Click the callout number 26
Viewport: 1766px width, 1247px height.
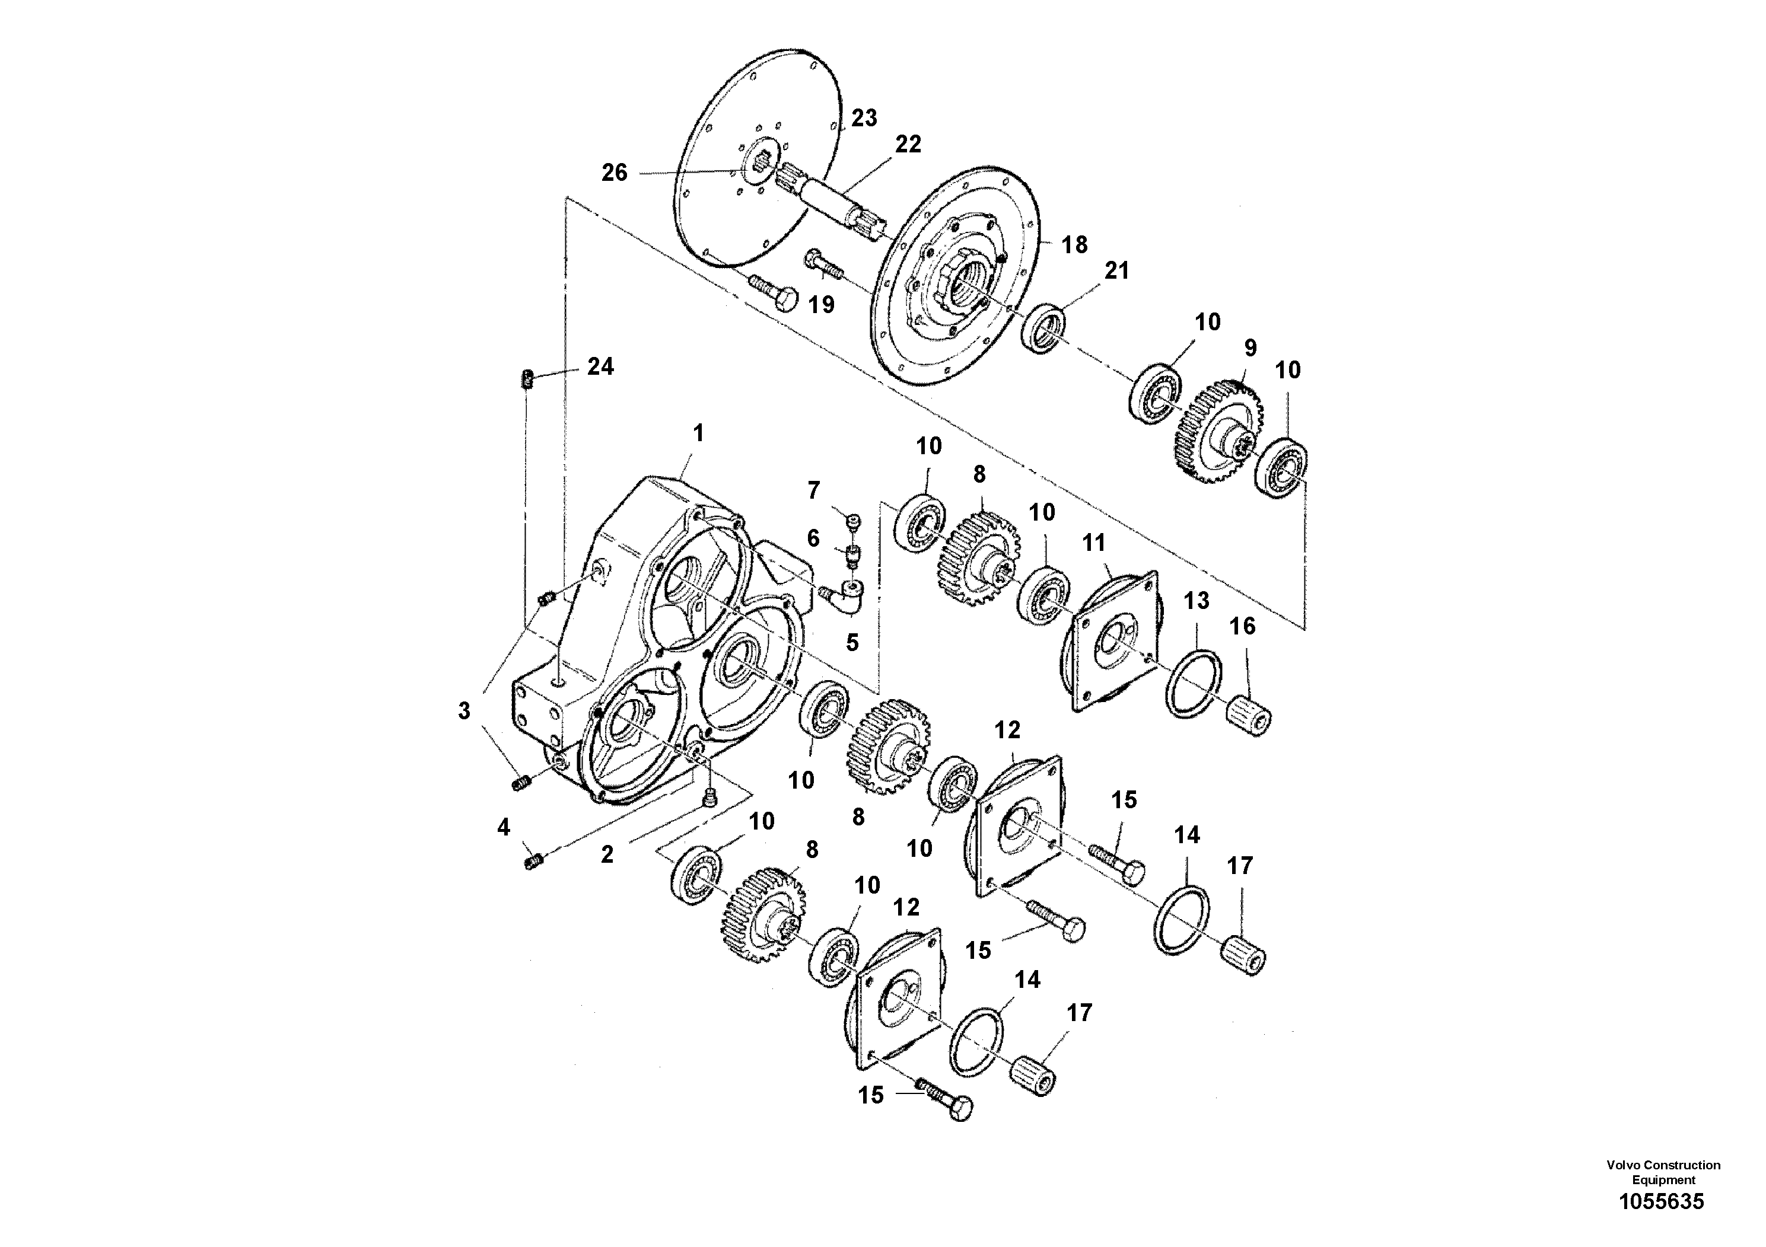(614, 173)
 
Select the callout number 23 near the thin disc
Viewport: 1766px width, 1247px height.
(864, 119)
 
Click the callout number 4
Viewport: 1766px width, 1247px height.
(503, 827)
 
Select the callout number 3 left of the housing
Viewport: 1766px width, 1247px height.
(464, 711)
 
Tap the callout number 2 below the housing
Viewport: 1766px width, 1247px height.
(607, 854)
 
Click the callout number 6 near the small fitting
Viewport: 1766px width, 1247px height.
(813, 538)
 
